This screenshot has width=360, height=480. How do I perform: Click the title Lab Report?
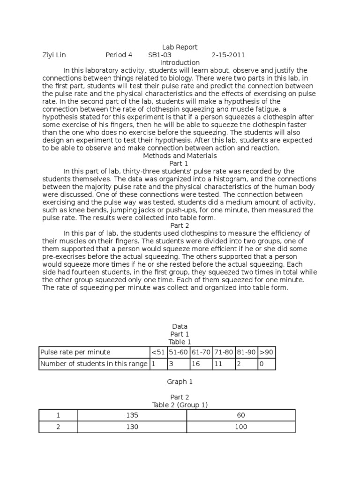point(180,47)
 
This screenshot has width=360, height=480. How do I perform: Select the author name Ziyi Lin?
point(54,55)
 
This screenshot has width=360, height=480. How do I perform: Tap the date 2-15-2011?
point(228,55)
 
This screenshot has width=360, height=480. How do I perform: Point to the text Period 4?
point(119,55)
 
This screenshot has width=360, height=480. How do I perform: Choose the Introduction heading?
point(180,62)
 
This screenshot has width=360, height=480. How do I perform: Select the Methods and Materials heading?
point(180,156)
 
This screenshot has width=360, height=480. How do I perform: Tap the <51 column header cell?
point(158,352)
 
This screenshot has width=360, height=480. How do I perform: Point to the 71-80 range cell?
point(224,352)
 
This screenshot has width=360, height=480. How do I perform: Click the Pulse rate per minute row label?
point(75,352)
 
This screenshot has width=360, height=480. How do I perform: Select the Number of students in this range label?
point(94,363)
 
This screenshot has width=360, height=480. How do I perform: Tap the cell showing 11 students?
point(224,363)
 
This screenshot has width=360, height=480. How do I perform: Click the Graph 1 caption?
point(180,382)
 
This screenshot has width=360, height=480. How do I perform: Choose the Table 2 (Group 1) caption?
point(180,405)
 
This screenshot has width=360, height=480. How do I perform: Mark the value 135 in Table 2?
point(132,415)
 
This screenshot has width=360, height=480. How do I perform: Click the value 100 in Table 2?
point(241,427)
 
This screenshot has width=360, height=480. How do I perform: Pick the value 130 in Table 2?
point(132,427)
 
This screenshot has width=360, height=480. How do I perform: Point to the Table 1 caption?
point(180,342)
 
